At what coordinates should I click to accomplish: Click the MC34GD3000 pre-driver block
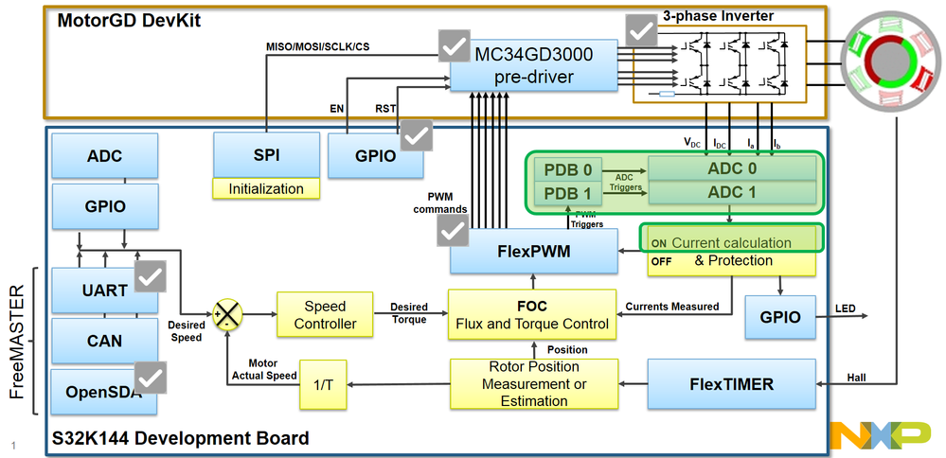point(538,65)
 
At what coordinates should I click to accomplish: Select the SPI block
point(266,153)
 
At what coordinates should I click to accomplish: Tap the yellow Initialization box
point(266,188)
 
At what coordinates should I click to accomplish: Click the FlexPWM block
point(532,254)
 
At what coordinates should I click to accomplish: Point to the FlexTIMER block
point(732,384)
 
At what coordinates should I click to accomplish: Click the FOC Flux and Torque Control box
point(532,315)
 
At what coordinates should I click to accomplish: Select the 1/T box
point(324,383)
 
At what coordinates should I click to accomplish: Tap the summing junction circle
point(227,314)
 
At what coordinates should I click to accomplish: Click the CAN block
point(104,340)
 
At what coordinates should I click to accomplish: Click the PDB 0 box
point(568,170)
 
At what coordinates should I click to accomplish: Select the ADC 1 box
point(731,193)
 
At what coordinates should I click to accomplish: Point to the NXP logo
point(881,435)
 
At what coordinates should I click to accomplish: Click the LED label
point(846,308)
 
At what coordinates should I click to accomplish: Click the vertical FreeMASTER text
point(17,341)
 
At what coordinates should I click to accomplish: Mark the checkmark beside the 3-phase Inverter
point(641,30)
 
